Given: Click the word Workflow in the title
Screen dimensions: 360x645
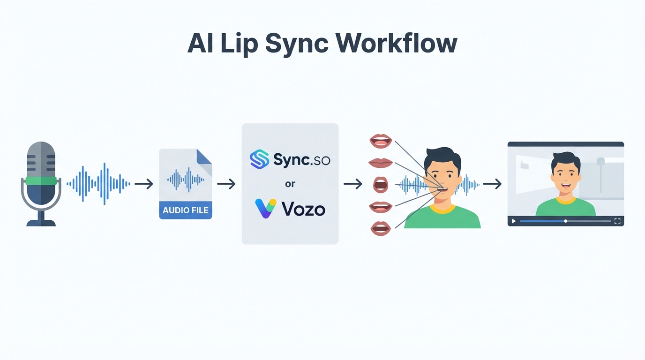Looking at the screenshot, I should (x=396, y=44).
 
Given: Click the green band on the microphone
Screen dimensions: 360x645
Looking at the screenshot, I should (x=41, y=181).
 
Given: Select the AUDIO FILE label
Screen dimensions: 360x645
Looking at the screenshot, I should (x=186, y=210).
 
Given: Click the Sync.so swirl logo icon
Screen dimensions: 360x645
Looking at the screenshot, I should (x=259, y=159).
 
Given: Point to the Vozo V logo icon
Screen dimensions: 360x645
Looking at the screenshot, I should (x=266, y=208).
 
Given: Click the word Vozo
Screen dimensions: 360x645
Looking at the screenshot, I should (x=303, y=209).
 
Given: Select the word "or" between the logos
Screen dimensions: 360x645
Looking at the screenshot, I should (x=290, y=184).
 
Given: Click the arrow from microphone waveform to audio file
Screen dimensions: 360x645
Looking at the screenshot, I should (x=144, y=184).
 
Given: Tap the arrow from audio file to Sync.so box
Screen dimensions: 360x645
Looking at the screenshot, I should (x=226, y=184).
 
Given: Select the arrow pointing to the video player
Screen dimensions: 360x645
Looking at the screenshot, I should (x=492, y=184).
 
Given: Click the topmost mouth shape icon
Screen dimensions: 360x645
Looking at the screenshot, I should (x=381, y=141).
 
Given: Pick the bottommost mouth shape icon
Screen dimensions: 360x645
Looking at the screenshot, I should (x=381, y=228).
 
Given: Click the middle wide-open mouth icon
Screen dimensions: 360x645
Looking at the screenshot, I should (x=381, y=184).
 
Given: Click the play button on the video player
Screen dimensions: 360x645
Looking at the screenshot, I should (x=514, y=221).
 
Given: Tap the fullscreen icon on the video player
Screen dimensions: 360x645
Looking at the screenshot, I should (x=617, y=221).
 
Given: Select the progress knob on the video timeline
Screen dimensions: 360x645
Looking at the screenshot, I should (x=566, y=221).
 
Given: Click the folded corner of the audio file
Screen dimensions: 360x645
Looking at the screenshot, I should (x=204, y=156).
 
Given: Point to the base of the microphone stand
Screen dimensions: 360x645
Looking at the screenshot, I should (x=41, y=223).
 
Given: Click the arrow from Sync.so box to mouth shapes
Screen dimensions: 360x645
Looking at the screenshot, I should (x=353, y=184).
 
